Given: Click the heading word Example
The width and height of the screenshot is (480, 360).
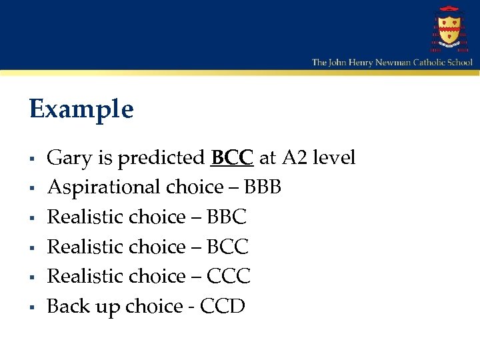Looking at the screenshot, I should [81, 109].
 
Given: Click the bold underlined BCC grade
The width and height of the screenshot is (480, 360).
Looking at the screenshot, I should [232, 158].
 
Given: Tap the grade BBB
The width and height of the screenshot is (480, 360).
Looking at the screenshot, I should [263, 188].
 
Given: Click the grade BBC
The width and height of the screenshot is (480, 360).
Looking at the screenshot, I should [227, 217].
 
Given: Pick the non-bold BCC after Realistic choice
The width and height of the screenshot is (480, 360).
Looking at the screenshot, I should [227, 247].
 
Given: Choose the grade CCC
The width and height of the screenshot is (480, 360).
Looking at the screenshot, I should [229, 277].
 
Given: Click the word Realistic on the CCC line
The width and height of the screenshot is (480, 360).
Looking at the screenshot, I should [89, 277].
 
